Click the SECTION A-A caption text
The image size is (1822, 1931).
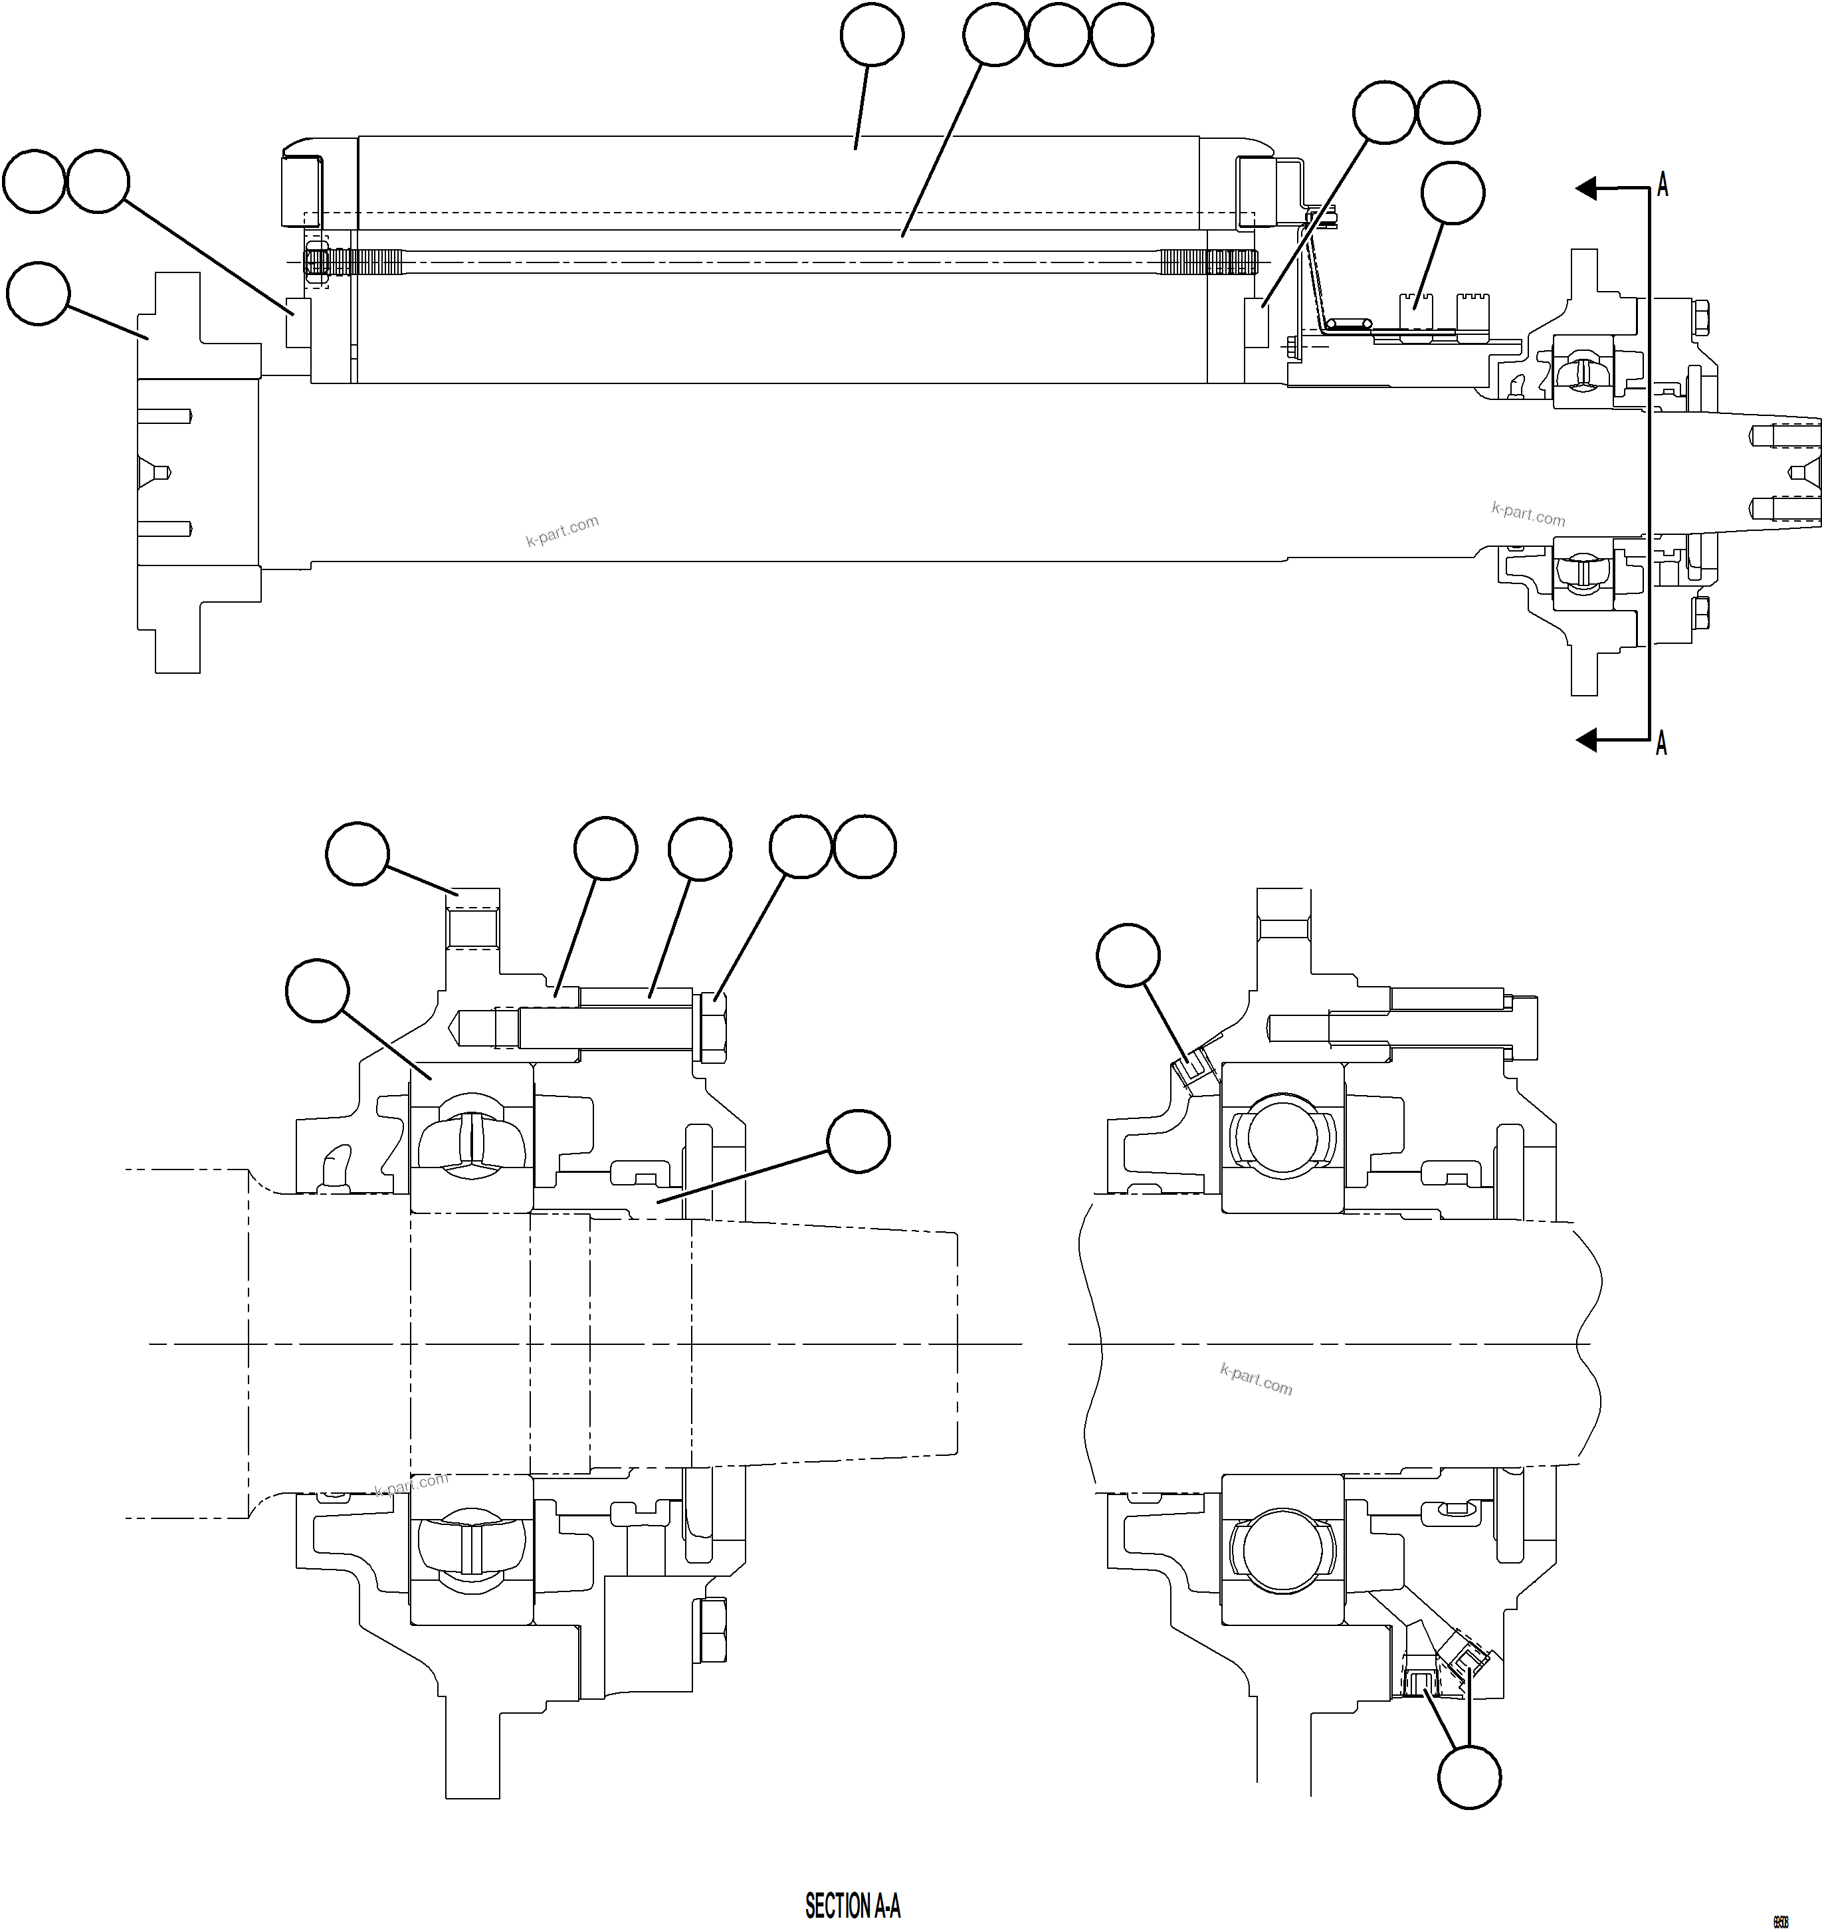pos(852,1906)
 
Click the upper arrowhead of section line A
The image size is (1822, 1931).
pos(1586,187)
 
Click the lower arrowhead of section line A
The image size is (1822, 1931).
pos(1586,741)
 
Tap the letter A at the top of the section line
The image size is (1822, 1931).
pos(1663,185)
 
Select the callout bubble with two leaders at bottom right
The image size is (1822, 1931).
pos(1468,1777)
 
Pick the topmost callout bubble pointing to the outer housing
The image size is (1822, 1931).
pos(871,35)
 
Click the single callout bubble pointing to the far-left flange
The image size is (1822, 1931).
pos(38,292)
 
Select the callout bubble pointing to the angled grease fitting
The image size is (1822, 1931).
pos(1128,955)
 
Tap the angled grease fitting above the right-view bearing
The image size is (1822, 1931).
pos(1191,1067)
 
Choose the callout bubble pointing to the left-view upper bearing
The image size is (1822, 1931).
pos(316,991)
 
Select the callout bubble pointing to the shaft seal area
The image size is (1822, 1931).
pos(859,1142)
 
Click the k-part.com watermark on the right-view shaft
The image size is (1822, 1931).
pos(1256,1379)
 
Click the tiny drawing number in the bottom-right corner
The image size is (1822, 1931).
pos(1780,1918)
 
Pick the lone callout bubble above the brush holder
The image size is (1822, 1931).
pos(1452,193)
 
